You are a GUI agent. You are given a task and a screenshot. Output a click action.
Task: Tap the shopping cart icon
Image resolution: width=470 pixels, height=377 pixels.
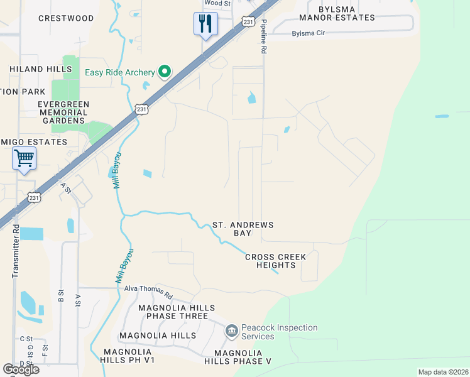point(24,158)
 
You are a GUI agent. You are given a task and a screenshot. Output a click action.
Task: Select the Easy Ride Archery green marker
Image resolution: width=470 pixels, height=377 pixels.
point(165,72)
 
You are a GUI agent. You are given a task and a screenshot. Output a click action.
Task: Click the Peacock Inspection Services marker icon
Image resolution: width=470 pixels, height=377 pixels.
point(231,330)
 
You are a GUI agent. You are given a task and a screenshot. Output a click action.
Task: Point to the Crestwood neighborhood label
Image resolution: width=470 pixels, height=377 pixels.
point(66,18)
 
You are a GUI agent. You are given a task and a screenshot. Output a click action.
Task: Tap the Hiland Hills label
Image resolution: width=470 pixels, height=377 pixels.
point(41,68)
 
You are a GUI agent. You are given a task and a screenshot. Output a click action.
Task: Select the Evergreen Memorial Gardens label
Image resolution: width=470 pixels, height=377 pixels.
point(63,112)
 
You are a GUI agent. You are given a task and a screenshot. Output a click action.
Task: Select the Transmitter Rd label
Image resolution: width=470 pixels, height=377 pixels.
point(16,251)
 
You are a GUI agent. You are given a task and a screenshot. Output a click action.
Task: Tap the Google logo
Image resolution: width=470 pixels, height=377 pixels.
point(21,369)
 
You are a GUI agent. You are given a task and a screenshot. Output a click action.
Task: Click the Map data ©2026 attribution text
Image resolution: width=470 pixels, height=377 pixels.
point(442,372)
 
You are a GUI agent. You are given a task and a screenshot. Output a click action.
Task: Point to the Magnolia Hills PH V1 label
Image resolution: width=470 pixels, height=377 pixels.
point(128,356)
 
